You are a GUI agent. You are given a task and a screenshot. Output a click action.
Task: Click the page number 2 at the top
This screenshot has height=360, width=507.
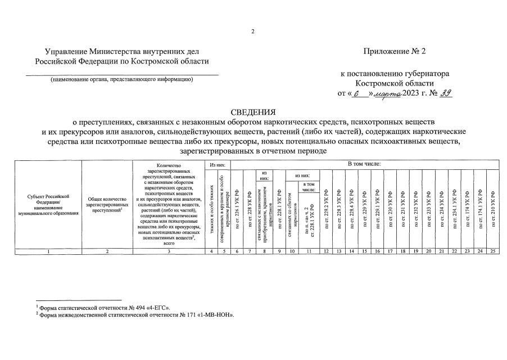[x=254, y=31]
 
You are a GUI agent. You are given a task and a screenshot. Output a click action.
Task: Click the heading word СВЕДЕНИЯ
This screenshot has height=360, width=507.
[x=253, y=111]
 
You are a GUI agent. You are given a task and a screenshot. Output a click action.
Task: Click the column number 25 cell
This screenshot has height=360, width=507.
[x=493, y=251]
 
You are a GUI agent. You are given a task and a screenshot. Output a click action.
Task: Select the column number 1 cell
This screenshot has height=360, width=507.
[x=48, y=251]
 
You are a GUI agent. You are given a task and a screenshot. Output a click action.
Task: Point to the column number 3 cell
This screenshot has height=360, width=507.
[x=169, y=251]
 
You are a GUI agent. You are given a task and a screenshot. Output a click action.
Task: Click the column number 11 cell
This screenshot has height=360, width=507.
[x=310, y=251]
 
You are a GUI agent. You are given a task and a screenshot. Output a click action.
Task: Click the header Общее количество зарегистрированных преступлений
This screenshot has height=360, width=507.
[x=107, y=206]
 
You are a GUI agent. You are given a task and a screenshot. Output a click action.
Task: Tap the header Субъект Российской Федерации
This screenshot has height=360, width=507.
[x=48, y=205]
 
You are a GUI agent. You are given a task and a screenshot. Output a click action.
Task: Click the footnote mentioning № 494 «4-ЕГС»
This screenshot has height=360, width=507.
[x=103, y=308]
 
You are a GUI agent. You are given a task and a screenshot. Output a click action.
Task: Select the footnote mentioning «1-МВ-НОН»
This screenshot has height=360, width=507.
[x=135, y=315]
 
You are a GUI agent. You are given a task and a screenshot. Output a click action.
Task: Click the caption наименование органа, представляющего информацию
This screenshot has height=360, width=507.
[x=122, y=79]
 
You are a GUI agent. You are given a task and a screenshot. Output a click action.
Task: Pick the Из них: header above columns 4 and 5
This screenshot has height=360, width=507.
[x=218, y=164]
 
